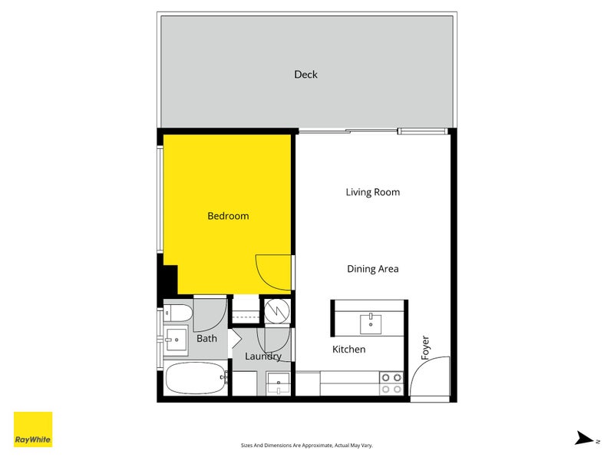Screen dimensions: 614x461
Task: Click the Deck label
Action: click(305, 75)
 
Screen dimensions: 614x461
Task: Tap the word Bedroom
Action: click(228, 216)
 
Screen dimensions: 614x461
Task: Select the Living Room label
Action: click(373, 192)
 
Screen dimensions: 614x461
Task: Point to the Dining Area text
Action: click(373, 269)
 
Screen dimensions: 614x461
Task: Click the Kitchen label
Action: click(349, 350)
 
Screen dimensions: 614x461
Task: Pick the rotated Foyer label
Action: click(425, 347)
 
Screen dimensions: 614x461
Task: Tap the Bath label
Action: click(206, 338)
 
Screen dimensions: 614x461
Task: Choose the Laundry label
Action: click(263, 357)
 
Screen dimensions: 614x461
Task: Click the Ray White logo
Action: click(33, 429)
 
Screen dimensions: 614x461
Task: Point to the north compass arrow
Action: click(584, 438)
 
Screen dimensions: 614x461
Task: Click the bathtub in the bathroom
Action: click(196, 378)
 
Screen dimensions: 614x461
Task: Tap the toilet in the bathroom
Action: click(178, 313)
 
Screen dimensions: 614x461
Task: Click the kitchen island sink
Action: click(371, 323)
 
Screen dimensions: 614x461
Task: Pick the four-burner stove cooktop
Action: click(391, 383)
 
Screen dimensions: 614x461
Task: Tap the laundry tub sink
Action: click(279, 383)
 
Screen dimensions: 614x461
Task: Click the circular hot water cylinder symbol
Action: click(277, 311)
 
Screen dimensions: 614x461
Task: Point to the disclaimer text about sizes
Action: click(306, 446)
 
